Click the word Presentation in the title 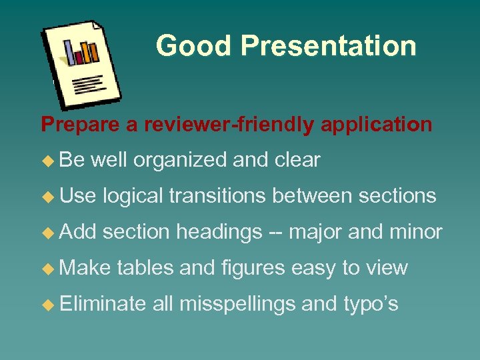329,46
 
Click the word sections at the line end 397,196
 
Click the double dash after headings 275,233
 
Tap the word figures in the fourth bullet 248,268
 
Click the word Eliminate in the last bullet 103,304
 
